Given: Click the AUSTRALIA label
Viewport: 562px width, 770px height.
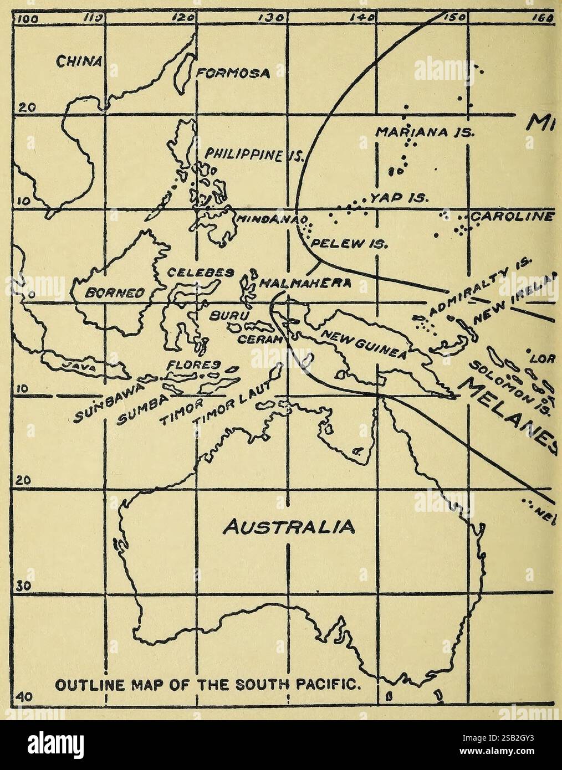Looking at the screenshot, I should [x=285, y=524].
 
